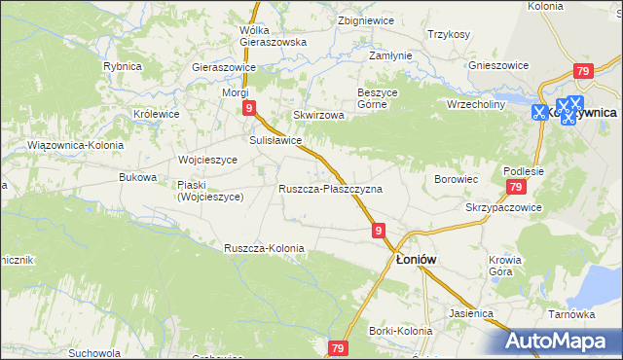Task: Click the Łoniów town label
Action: click(x=420, y=260)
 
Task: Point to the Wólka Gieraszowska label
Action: click(x=273, y=36)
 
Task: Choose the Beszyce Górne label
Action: click(x=378, y=97)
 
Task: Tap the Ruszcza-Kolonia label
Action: click(x=264, y=248)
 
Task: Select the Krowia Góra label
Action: click(x=505, y=266)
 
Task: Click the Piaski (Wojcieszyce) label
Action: click(x=210, y=190)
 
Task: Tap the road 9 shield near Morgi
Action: click(x=250, y=108)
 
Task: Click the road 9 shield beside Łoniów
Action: click(x=379, y=230)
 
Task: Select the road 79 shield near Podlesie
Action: click(x=516, y=187)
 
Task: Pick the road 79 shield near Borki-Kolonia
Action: click(x=338, y=347)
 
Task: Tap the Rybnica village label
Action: click(x=124, y=66)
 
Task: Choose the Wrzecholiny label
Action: click(x=476, y=103)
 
